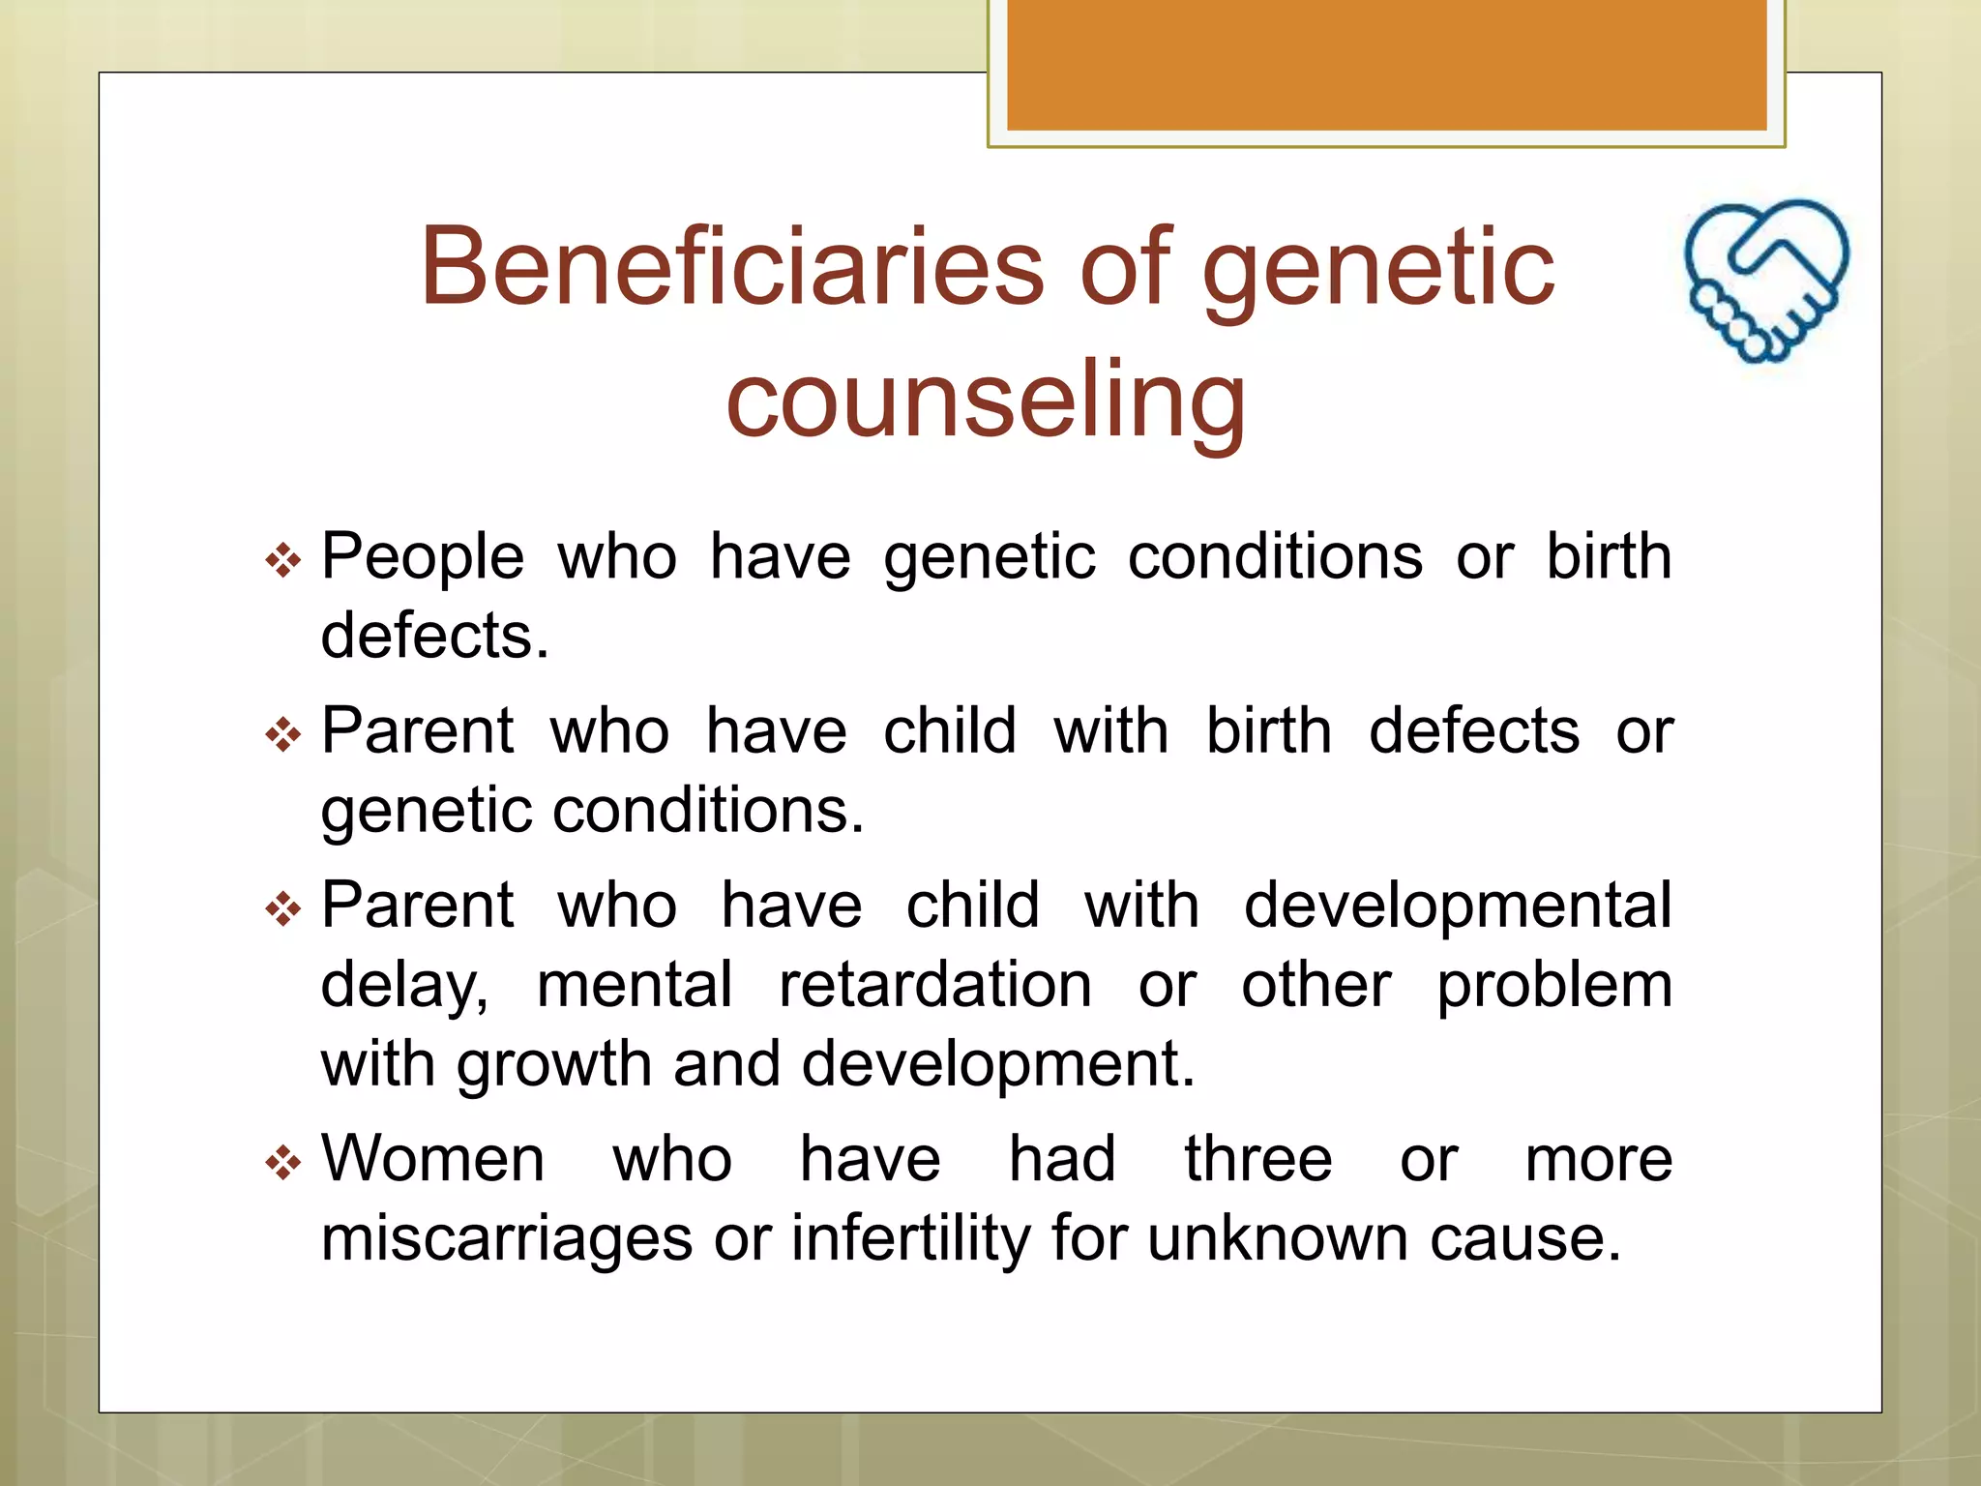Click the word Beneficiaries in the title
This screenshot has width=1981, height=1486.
coord(732,266)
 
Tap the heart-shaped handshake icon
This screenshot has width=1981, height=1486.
coord(1766,280)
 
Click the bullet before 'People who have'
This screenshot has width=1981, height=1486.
coord(283,559)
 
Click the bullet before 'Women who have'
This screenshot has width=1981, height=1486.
coord(283,1161)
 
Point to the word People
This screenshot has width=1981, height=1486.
coord(423,558)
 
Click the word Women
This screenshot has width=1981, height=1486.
coord(432,1158)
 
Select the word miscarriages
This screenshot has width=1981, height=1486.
coord(506,1237)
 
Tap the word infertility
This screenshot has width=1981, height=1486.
coord(910,1237)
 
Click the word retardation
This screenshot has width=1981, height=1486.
coord(935,985)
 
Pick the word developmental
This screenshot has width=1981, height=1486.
coord(1458,906)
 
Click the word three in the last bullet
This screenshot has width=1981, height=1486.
coord(1257,1158)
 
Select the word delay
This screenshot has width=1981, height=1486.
coord(403,985)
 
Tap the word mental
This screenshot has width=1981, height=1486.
coord(635,985)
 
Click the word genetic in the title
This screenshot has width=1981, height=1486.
coord(1377,266)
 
